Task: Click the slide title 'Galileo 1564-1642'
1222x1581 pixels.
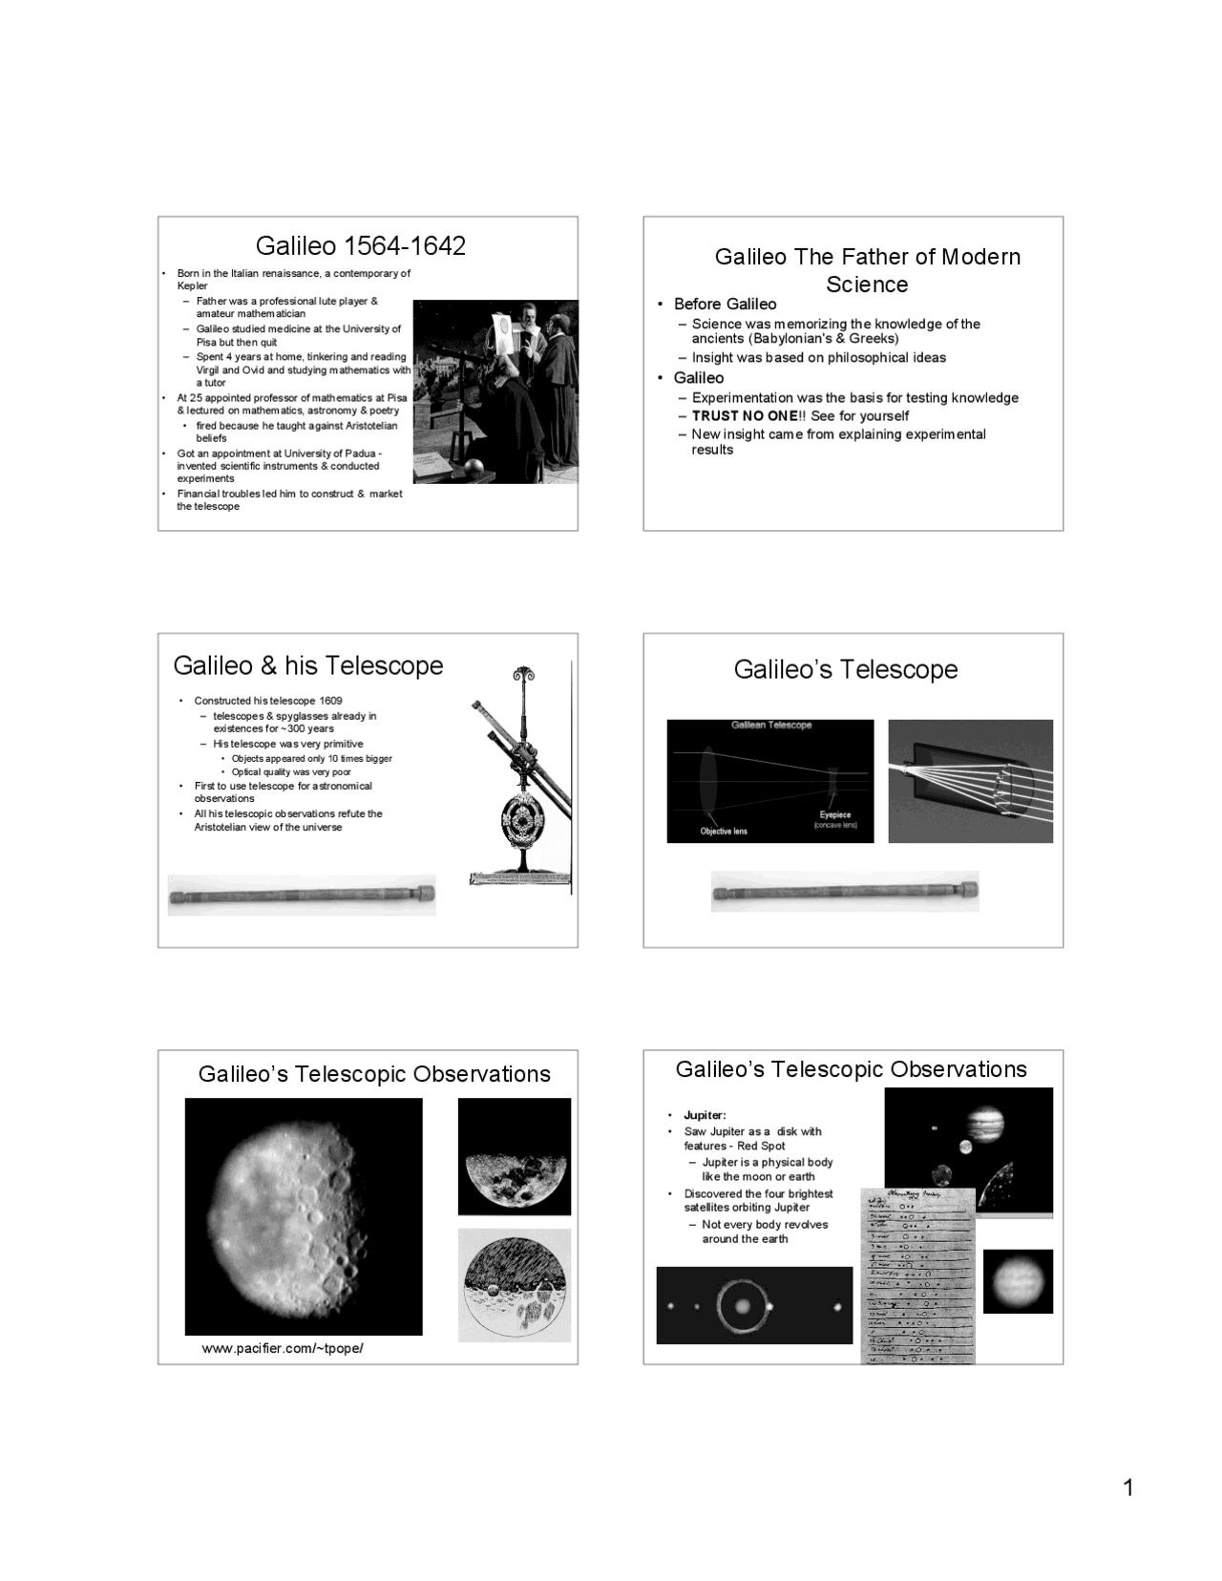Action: (361, 246)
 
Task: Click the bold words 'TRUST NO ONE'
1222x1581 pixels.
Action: (744, 416)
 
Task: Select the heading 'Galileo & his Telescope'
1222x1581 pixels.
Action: (308, 665)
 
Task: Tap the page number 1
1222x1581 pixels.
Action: (1128, 1487)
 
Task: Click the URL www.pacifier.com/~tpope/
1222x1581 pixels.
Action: (283, 1348)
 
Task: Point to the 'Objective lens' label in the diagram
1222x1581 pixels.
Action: (724, 832)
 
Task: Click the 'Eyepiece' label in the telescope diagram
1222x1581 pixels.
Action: (834, 815)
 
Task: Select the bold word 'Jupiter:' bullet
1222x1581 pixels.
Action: (705, 1115)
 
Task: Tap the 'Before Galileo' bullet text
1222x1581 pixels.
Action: (725, 305)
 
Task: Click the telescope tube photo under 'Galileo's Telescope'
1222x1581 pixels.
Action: (845, 893)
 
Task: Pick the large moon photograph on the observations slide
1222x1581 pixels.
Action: (304, 1216)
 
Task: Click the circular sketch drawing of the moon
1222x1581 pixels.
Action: (515, 1285)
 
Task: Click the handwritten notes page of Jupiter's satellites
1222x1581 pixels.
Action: (917, 1275)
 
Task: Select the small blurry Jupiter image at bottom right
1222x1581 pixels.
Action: (1018, 1281)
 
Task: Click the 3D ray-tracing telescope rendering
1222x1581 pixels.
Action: (970, 781)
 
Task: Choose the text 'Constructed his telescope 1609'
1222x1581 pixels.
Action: (268, 701)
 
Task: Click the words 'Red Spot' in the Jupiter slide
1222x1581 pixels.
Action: (761, 1147)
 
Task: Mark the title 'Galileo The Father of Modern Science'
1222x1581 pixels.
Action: (867, 270)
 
